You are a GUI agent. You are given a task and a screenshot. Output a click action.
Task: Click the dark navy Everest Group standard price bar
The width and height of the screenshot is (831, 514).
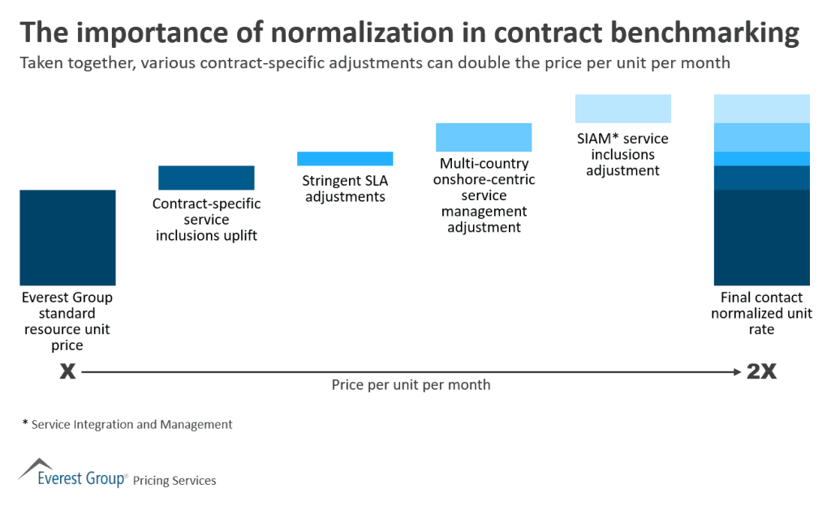click(x=67, y=238)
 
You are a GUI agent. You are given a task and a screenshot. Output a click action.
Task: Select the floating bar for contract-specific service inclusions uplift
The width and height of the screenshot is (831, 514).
click(x=206, y=178)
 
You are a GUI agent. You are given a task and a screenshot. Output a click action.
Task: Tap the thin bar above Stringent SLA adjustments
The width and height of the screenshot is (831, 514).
click(x=345, y=158)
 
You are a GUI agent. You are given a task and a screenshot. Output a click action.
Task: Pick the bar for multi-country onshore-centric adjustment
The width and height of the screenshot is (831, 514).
click(x=484, y=137)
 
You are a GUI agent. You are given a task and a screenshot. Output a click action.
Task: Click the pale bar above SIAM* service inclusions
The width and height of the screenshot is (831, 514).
click(x=622, y=109)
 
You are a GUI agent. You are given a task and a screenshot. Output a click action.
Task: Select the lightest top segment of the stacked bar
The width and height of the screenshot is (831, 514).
click(x=761, y=109)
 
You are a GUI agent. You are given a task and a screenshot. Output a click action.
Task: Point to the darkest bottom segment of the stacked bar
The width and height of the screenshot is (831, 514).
click(x=761, y=238)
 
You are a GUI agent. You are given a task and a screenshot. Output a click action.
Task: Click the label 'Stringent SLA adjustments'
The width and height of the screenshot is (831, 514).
click(x=345, y=189)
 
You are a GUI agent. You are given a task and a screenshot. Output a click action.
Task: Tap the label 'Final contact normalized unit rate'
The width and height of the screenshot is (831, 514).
click(x=761, y=314)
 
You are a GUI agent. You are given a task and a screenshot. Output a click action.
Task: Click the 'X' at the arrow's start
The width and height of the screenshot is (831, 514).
click(x=67, y=372)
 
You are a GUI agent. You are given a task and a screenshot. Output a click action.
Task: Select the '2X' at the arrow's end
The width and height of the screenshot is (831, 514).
click(x=761, y=372)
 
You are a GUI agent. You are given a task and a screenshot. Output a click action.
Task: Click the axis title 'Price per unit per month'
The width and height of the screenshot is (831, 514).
click(x=411, y=385)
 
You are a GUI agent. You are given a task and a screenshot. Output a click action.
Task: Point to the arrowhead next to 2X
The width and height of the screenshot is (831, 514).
click(x=738, y=372)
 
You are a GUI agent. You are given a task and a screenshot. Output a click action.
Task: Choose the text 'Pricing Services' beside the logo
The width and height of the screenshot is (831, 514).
click(x=174, y=481)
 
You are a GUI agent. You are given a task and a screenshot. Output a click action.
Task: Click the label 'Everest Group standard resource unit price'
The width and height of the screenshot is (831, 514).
click(x=67, y=322)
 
